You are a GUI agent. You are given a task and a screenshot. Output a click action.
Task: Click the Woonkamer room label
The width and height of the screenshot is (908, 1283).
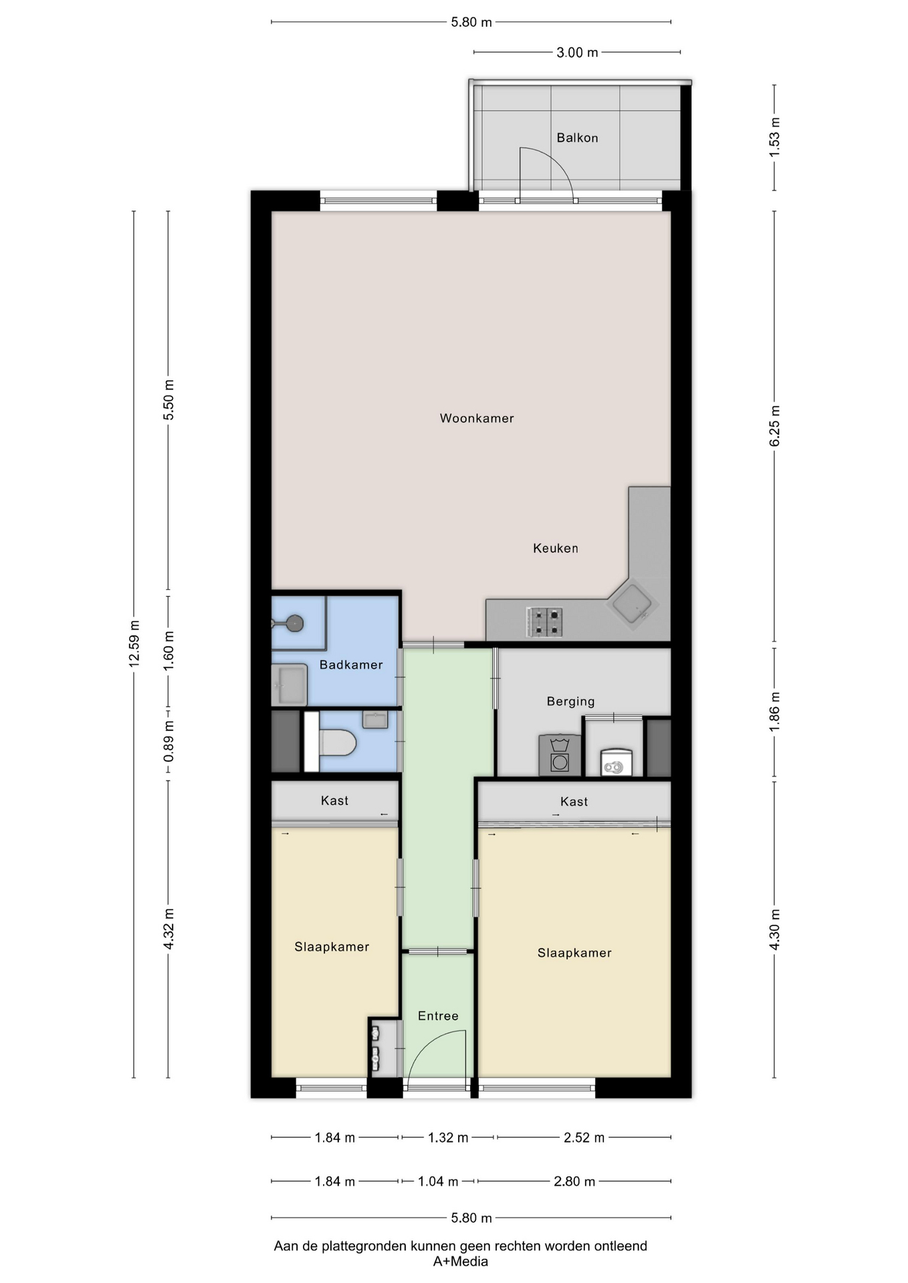477,418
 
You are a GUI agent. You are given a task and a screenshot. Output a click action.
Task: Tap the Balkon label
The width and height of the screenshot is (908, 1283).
577,138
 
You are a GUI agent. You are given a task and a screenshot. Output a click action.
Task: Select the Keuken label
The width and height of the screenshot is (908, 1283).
556,548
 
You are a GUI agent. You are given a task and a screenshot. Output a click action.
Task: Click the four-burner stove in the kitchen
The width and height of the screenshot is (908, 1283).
544,621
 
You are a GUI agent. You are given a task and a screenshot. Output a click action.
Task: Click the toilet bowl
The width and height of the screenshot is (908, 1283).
337,742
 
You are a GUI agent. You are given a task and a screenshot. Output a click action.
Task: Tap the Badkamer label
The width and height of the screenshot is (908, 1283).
351,664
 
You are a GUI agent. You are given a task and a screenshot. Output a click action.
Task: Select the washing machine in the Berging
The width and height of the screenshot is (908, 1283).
560,755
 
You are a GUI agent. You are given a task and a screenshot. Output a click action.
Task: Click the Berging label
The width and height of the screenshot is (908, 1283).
570,701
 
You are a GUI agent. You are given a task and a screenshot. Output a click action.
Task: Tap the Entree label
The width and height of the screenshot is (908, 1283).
438,1016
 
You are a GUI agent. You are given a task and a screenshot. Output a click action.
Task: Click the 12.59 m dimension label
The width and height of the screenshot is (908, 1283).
134,644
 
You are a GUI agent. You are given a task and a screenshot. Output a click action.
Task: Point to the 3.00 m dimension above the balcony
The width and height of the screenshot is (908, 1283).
577,52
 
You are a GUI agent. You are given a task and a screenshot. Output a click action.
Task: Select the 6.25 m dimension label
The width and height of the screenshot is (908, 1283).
774,426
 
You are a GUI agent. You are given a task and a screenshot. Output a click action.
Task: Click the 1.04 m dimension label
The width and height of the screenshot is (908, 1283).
438,1181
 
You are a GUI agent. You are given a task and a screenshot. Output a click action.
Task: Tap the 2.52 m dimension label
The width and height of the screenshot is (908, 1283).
584,1137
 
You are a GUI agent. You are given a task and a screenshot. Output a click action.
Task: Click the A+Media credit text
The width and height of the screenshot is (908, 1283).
460,1262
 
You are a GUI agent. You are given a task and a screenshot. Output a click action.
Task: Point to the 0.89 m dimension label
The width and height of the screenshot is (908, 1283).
168,740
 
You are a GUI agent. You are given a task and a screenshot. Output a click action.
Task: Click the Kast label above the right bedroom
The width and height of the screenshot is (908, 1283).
574,801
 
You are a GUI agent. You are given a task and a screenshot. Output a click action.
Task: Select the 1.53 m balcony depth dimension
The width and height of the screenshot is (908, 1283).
774,137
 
